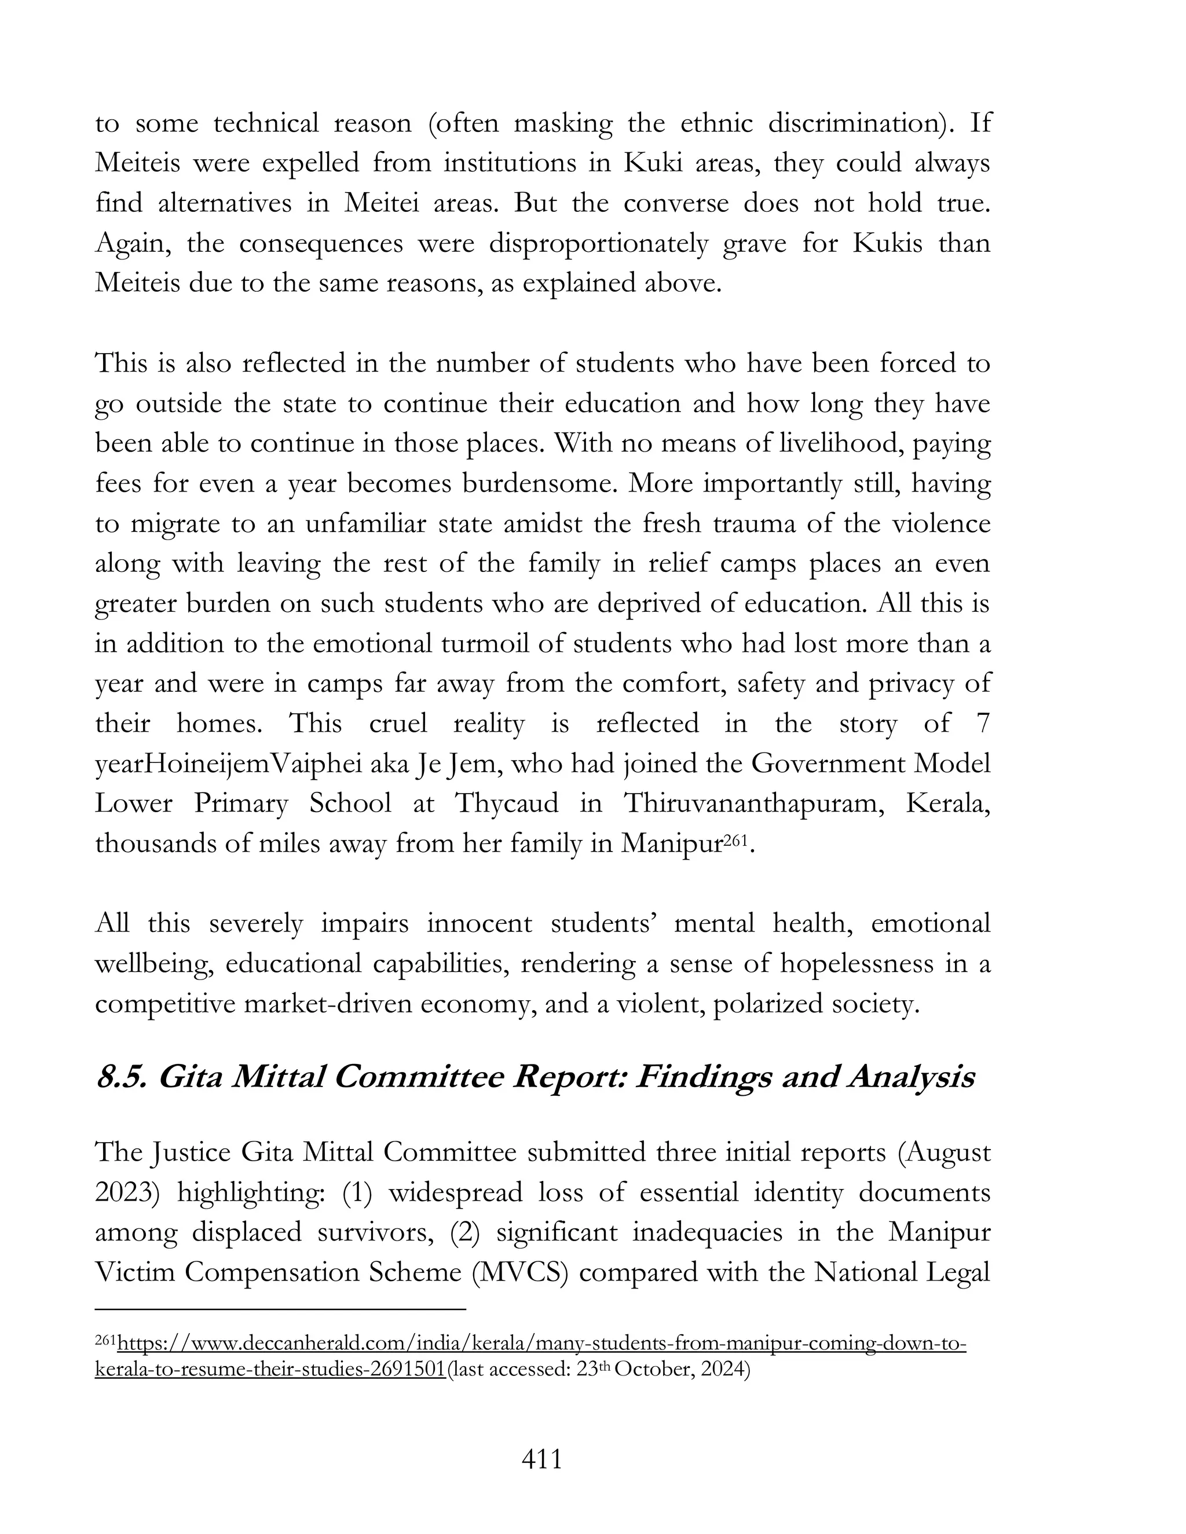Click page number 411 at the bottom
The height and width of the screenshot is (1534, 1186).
pos(541,1459)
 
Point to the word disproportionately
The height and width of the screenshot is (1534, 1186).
pos(598,243)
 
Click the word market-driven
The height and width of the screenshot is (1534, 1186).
pos(327,1003)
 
